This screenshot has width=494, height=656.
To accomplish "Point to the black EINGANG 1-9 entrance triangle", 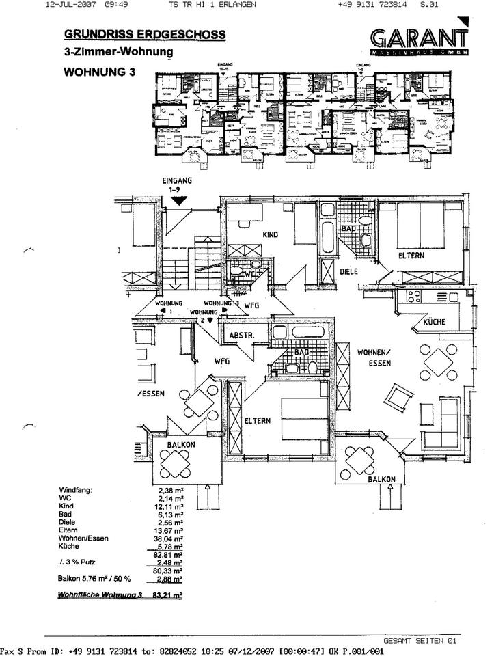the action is click(178, 200).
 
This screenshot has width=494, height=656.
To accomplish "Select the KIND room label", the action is click(271, 234).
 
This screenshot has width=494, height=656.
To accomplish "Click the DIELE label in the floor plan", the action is click(350, 272).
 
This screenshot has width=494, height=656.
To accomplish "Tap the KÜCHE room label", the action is click(435, 322).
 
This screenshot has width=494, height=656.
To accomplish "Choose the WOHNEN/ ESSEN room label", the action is click(374, 357).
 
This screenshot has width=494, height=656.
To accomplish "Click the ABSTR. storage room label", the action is click(242, 336).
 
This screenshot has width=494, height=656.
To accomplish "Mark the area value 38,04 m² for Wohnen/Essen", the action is click(169, 538).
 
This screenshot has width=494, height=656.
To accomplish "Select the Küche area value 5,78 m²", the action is click(169, 547).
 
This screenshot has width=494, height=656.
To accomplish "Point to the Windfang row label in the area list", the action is click(75, 489).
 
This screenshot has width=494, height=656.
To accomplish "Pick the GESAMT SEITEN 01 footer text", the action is click(420, 640).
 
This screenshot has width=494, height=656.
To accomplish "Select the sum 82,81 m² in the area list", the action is click(169, 555).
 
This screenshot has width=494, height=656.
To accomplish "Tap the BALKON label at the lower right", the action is click(381, 480).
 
